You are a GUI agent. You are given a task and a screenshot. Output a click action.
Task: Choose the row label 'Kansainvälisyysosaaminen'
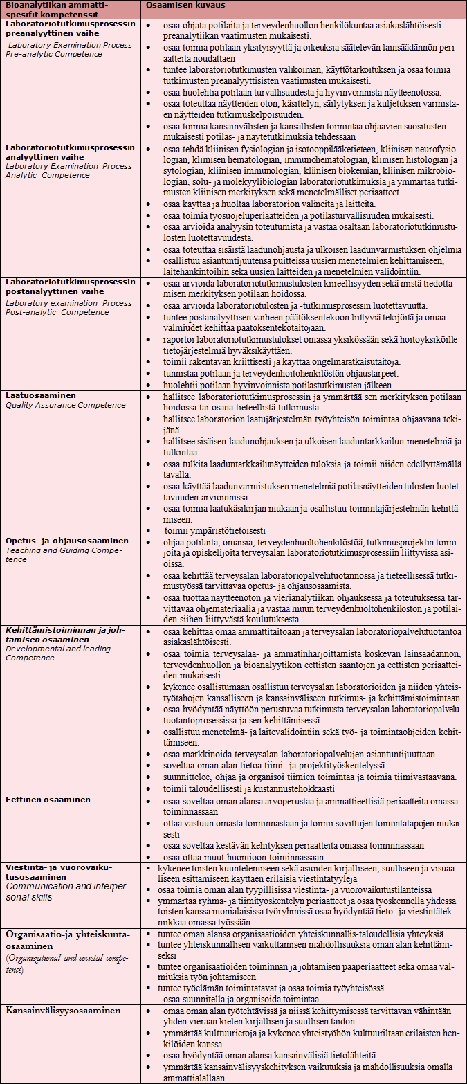[x=63, y=1010]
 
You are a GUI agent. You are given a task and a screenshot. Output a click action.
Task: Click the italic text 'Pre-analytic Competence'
[x=53, y=53]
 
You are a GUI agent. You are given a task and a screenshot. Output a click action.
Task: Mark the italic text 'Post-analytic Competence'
[x=57, y=312]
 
